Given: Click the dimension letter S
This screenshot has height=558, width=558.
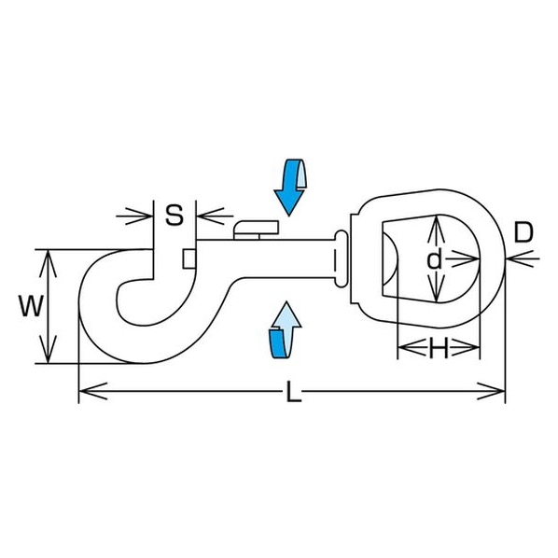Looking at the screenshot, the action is click(174, 215).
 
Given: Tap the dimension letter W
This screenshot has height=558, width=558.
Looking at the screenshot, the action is click(32, 306).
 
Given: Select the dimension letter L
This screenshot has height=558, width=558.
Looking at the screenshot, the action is click(294, 392).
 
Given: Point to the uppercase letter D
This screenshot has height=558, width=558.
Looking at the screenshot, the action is click(523, 232).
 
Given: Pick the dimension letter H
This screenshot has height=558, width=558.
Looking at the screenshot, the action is click(439, 348).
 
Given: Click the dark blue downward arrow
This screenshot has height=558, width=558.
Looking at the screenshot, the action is click(291, 187).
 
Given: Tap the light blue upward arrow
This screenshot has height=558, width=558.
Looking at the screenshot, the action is click(285, 329).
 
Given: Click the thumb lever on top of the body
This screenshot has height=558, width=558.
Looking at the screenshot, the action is click(256, 230).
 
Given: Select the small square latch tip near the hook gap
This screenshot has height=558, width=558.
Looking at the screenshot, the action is click(189, 258).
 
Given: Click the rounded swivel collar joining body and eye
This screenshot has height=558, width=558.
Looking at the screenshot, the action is click(341, 258).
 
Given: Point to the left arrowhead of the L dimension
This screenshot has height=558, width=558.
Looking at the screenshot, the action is click(93, 392).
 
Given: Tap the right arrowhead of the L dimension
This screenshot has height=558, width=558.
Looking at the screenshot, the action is click(491, 392).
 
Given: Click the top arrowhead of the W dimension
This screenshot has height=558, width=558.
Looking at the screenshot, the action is click(48, 263).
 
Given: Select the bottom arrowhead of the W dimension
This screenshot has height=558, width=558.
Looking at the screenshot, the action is click(48, 350).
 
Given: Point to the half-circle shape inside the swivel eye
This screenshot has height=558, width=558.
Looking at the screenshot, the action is click(390, 259).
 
